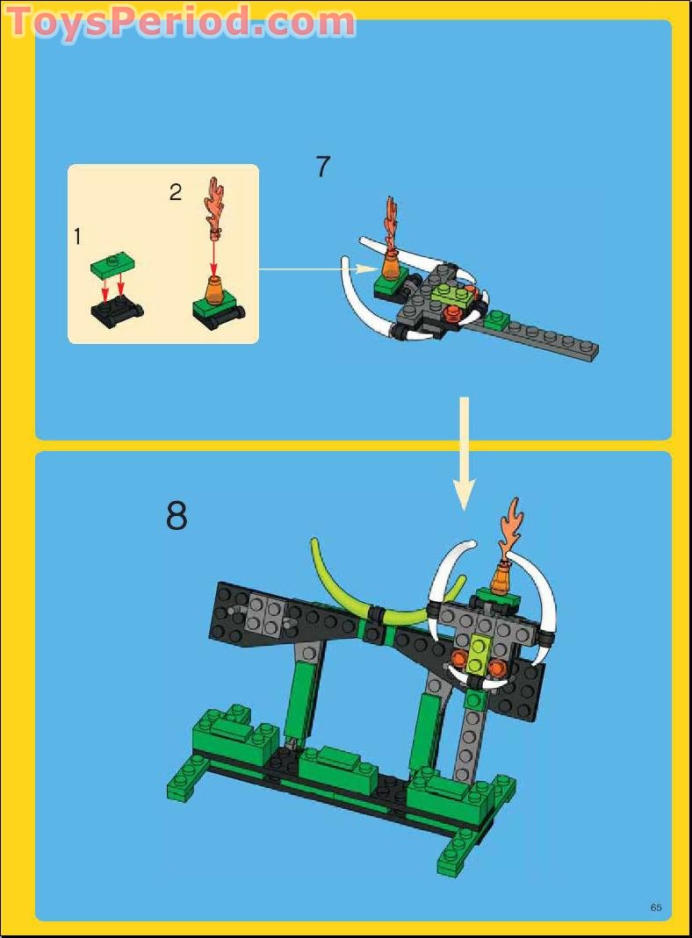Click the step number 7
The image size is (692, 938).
322,167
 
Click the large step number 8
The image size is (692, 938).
177,517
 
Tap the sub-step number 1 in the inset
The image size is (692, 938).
77,236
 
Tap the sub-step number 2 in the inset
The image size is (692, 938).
176,192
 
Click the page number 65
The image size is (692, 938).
655,907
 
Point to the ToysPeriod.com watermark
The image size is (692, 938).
181,21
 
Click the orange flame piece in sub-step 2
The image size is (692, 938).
215,204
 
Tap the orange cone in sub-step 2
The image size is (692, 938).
213,289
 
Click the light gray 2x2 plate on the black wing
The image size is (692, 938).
263,613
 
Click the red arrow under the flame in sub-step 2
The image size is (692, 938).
214,254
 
